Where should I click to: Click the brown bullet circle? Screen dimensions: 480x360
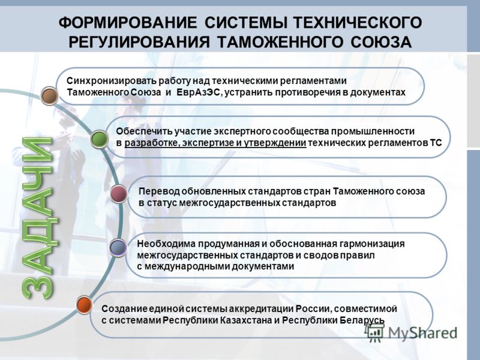(x=50, y=96)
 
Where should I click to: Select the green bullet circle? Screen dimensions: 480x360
(x=100, y=139)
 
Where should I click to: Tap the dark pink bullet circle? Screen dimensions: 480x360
(x=119, y=194)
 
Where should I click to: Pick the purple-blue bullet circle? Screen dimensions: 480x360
(x=118, y=248)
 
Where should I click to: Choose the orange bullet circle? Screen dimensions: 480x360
(x=84, y=305)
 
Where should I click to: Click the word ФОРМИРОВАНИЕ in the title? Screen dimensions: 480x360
(x=128, y=23)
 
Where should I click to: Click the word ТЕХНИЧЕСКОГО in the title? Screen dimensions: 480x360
(x=358, y=23)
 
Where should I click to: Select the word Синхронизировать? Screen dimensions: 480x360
(x=112, y=81)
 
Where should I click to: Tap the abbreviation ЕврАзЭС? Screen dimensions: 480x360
(x=198, y=92)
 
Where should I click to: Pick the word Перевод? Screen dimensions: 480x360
(x=158, y=191)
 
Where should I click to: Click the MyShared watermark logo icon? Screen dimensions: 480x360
(x=374, y=333)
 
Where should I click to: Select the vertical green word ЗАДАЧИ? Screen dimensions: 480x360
(x=37, y=218)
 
